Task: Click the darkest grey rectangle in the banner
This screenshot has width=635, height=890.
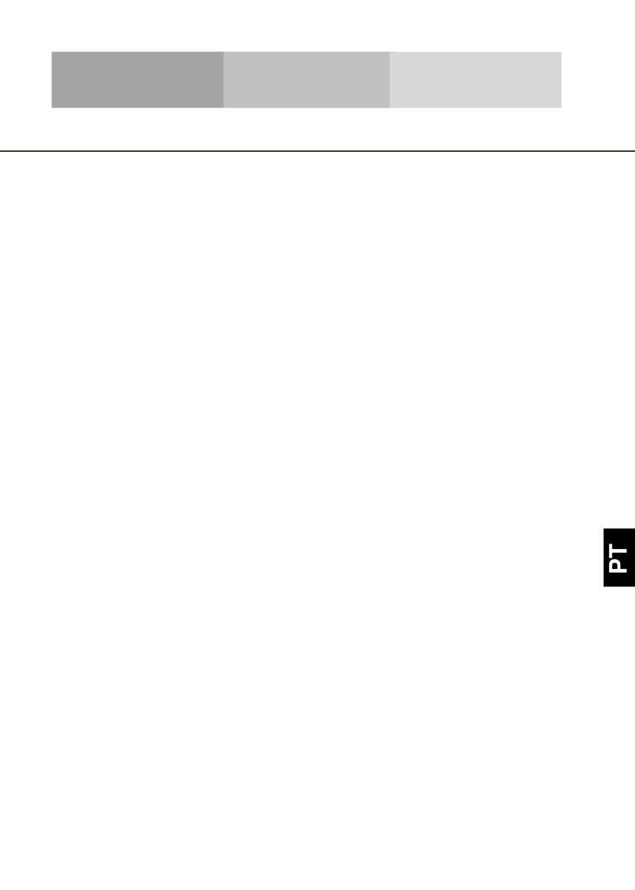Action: tap(137, 80)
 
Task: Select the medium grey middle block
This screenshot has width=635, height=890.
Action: tap(306, 80)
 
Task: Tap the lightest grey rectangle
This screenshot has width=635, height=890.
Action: tap(475, 80)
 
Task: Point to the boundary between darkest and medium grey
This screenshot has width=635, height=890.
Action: tap(223, 80)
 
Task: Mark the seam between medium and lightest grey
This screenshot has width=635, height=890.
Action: tap(390, 80)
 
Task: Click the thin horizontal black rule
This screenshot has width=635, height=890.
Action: tap(317, 151)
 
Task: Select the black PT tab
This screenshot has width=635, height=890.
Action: tap(619, 557)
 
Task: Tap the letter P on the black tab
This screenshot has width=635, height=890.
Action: tap(619, 566)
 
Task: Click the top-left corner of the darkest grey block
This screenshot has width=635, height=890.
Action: tap(52, 52)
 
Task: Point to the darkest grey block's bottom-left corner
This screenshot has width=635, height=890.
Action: tap(52, 107)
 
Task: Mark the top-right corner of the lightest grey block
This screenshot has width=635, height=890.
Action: tap(561, 52)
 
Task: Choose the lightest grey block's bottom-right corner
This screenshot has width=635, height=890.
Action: tap(561, 107)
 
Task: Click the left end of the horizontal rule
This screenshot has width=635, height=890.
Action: tap(1, 151)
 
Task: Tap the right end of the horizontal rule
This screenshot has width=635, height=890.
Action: tap(634, 151)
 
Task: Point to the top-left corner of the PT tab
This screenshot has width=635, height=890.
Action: tap(604, 529)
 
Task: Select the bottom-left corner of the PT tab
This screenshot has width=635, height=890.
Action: tap(604, 586)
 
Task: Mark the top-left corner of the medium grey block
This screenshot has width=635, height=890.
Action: tap(224, 52)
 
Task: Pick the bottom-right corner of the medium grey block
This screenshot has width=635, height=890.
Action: tap(389, 107)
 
